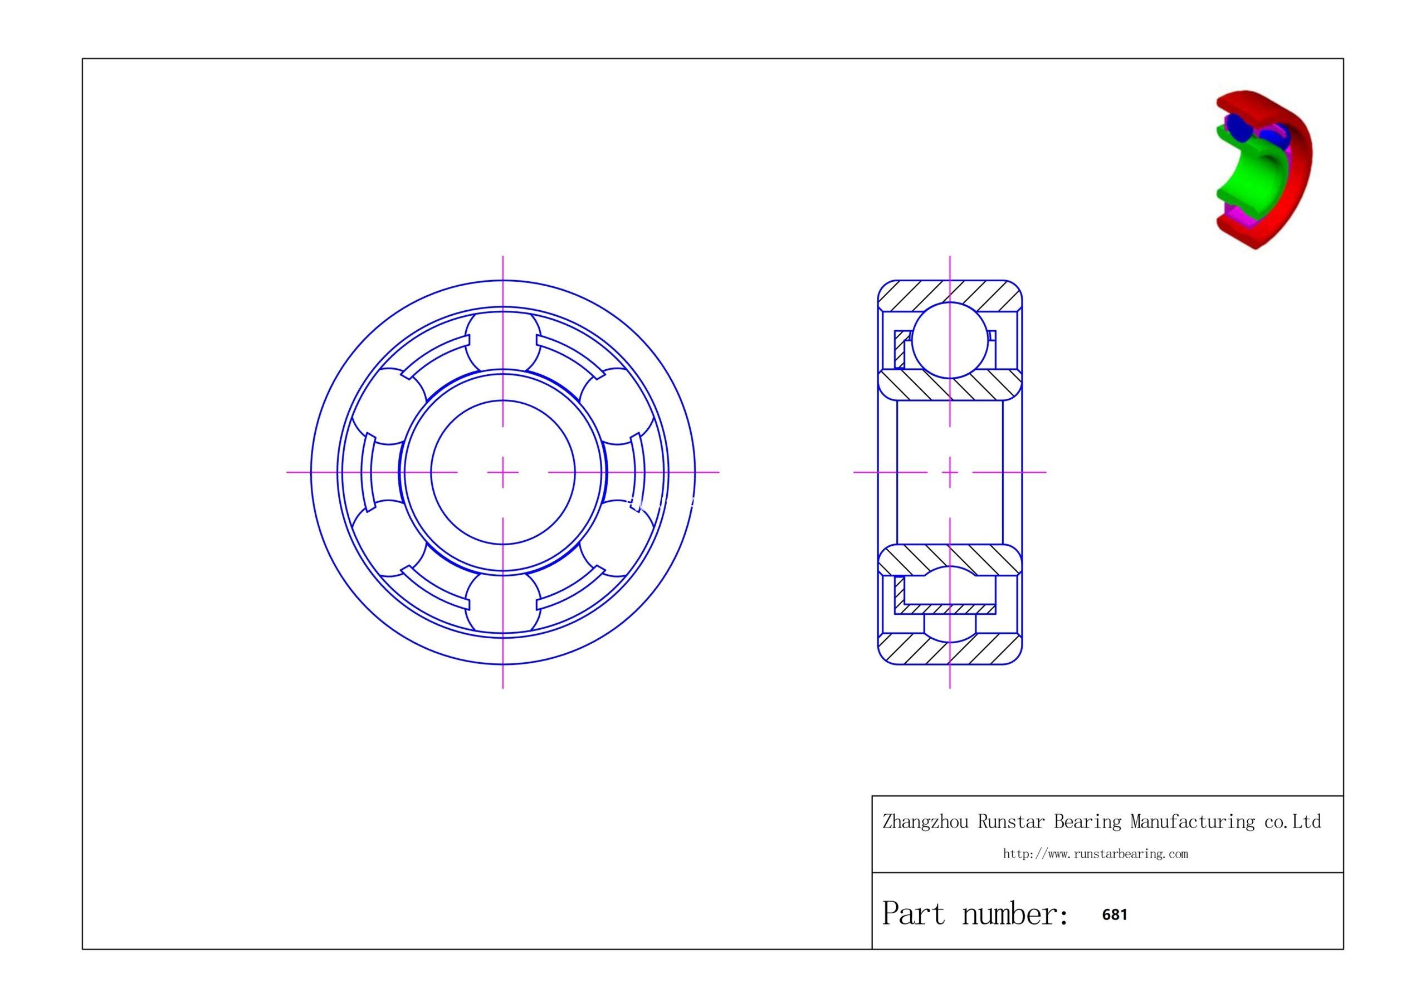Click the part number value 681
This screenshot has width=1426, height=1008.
(x=1114, y=915)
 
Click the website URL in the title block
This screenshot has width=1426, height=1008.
(x=1096, y=854)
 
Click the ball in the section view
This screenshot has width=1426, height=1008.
(x=950, y=340)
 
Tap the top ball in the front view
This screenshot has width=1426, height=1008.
(x=502, y=340)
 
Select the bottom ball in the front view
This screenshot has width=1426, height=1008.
(x=502, y=604)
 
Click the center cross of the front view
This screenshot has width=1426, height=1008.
(x=502, y=473)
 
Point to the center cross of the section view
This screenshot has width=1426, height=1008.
(x=950, y=473)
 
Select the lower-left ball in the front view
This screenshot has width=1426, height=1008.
(x=388, y=538)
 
